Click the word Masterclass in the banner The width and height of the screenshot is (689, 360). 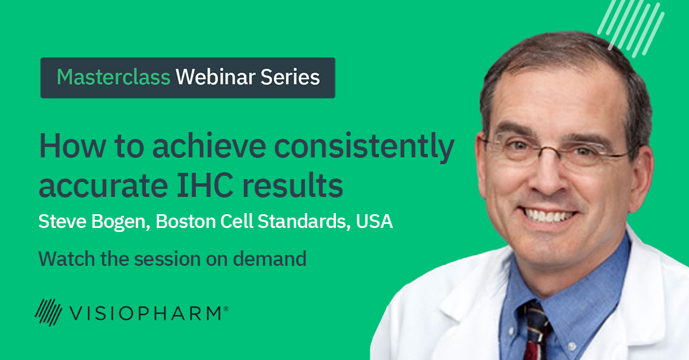pos(114,77)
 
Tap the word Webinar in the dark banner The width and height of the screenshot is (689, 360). pos(215,77)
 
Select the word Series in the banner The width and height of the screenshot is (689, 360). pos(290,77)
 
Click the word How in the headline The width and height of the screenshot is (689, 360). pos(72,146)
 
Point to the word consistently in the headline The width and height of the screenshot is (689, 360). pos(364,148)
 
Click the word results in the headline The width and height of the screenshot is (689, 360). pos(292,185)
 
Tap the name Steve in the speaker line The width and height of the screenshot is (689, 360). pos(62,221)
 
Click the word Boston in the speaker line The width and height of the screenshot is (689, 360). pos(185,221)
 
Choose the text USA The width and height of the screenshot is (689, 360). pos(374,221)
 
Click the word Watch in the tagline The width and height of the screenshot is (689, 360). pos(67,259)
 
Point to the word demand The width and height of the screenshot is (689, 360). pos(270,259)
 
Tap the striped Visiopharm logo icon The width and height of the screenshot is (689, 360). pos(48,312)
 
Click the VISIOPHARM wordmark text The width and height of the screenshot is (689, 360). pos(145,313)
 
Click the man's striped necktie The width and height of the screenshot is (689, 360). pos(537,331)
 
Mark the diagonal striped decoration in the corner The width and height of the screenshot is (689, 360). pos(630,29)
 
